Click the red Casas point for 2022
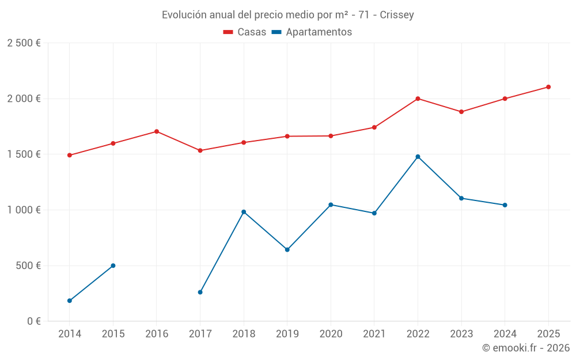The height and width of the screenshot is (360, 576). pyautogui.click(x=418, y=98)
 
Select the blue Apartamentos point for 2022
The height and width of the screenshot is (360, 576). pyautogui.click(x=418, y=157)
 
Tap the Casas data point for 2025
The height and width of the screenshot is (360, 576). pyautogui.click(x=548, y=87)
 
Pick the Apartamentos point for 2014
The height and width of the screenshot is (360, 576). pyautogui.click(x=70, y=301)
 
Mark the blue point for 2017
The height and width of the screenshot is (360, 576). pyautogui.click(x=200, y=292)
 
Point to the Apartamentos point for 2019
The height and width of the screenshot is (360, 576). pyautogui.click(x=287, y=249)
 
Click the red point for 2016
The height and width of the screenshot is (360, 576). pyautogui.click(x=157, y=131)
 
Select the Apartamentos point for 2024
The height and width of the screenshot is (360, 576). pyautogui.click(x=505, y=205)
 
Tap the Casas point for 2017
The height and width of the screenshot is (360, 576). pyautogui.click(x=200, y=150)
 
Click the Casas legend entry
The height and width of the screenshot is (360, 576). pyautogui.click(x=245, y=32)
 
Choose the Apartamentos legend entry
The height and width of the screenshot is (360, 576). pyautogui.click(x=312, y=32)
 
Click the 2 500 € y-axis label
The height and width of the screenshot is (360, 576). pyautogui.click(x=24, y=43)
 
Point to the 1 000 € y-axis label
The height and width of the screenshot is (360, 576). pyautogui.click(x=24, y=210)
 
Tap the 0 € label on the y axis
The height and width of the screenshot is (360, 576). pyautogui.click(x=32, y=321)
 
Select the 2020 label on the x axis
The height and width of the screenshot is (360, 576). pyautogui.click(x=331, y=334)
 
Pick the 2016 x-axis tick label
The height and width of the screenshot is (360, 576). pyautogui.click(x=157, y=334)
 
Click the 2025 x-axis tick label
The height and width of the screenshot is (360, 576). pyautogui.click(x=548, y=334)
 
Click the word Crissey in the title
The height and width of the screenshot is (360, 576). pyautogui.click(x=397, y=15)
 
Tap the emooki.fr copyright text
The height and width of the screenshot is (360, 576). pyautogui.click(x=526, y=348)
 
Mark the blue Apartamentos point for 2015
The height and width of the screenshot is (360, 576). pyautogui.click(x=113, y=266)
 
